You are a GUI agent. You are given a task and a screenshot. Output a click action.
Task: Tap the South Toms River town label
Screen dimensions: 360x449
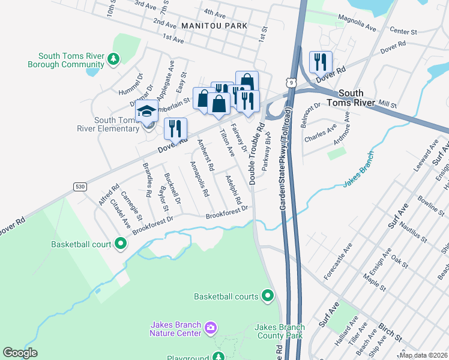pyautogui.click(x=364, y=98)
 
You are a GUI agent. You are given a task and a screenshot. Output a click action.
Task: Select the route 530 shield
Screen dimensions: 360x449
pyautogui.click(x=80, y=187)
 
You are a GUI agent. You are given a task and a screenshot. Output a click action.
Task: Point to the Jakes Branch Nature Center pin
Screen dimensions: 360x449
pyautogui.click(x=210, y=328)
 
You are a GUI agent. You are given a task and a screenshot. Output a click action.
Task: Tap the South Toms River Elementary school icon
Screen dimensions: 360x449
pyautogui.click(x=146, y=111)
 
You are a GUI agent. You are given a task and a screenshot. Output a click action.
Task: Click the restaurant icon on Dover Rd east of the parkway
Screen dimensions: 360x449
pyautogui.click(x=321, y=62)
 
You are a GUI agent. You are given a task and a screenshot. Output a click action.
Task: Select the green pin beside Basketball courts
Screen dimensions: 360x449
pyautogui.click(x=268, y=296)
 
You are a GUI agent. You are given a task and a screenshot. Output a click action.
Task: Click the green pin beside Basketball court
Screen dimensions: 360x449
pyautogui.click(x=120, y=244)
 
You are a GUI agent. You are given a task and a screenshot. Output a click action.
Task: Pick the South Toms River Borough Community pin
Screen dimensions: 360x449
pyautogui.click(x=112, y=59)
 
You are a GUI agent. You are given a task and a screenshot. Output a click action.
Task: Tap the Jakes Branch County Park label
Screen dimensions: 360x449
pyautogui.click(x=279, y=331)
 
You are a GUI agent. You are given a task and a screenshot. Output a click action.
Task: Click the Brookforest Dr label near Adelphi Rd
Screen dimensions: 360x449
pyautogui.click(x=227, y=212)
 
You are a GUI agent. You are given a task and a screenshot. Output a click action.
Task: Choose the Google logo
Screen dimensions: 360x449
pyautogui.click(x=20, y=353)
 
